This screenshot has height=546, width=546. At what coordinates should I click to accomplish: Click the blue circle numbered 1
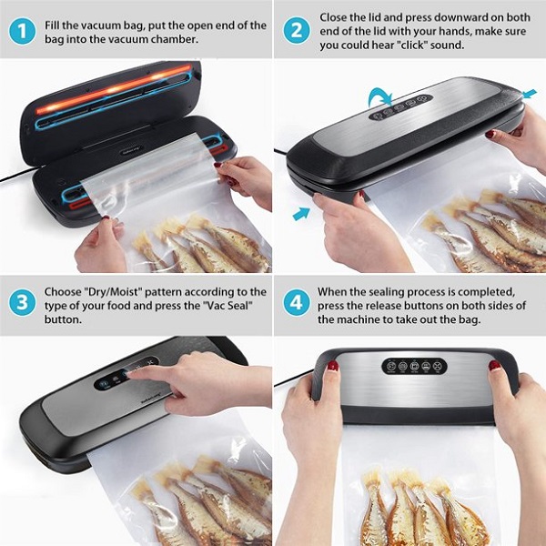[x=22, y=31]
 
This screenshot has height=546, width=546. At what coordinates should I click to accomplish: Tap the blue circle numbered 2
[x=297, y=30]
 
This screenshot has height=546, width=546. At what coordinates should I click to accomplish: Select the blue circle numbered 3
[x=22, y=302]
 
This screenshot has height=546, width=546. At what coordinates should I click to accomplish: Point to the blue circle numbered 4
[x=297, y=302]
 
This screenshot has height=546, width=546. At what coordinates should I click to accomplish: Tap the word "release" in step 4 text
[x=388, y=306]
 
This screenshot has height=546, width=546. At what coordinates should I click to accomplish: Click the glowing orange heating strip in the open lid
[x=115, y=89]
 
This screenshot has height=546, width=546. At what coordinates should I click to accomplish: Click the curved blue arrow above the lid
[x=379, y=96]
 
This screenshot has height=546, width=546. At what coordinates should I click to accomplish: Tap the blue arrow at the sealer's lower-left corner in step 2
[x=301, y=214]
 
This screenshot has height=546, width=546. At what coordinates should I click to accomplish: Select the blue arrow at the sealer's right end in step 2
[x=530, y=94]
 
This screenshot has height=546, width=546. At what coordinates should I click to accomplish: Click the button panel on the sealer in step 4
[x=414, y=366]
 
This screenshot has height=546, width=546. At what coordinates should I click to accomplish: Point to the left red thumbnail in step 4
[x=333, y=365]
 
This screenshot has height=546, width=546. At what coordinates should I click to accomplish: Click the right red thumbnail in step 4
[x=494, y=365]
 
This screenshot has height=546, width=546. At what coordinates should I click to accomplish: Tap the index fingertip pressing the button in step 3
[x=129, y=374]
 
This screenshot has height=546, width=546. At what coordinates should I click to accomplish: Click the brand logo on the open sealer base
[x=132, y=151]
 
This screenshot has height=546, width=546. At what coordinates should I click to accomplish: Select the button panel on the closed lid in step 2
[x=400, y=107]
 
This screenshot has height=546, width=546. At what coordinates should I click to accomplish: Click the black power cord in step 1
[x=17, y=174]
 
